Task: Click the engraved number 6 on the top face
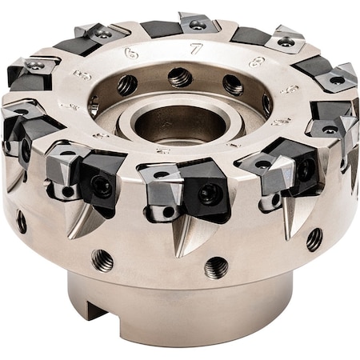click(x=132, y=53)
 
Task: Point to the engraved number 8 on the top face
click(x=256, y=61)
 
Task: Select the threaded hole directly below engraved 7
click(x=180, y=78)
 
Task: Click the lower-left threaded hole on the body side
click(x=102, y=259)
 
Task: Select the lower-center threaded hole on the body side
click(x=215, y=267)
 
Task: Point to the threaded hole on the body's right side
click(x=314, y=238)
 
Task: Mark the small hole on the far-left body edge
click(x=22, y=222)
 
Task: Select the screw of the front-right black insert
click(x=306, y=170)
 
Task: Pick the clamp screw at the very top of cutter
click(x=197, y=25)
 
